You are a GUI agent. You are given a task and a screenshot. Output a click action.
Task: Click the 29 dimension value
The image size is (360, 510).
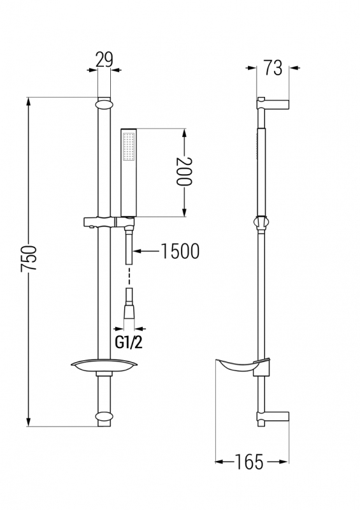pyautogui.click(x=104, y=59)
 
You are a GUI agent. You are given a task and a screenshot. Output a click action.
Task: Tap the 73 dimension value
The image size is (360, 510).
pyautogui.click(x=273, y=68)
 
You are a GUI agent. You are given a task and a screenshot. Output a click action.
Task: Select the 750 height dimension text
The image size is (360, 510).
pyautogui.click(x=29, y=259)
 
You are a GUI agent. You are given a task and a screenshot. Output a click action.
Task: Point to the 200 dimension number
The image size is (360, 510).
pyautogui.click(x=184, y=171)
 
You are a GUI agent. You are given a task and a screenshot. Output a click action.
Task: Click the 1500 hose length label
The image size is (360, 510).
pyautogui.click(x=180, y=251)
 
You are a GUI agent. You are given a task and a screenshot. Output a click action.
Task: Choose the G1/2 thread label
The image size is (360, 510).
pyautogui.click(x=129, y=342)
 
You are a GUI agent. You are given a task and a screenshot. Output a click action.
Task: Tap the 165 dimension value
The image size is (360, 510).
pyautogui.click(x=248, y=462)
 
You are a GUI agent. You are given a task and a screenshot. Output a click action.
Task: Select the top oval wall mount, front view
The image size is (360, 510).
pyautogui.click(x=104, y=105)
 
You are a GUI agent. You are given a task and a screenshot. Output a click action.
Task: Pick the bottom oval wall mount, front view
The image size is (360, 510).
pyautogui.click(x=104, y=417)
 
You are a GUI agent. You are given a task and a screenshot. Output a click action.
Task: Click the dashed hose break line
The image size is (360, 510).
pyautogui.click(x=129, y=276)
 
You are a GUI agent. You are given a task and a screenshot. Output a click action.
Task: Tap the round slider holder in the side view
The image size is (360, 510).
pyautogui.click(x=261, y=223)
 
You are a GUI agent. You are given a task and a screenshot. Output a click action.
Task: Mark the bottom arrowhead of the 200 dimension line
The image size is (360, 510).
pyautogui.click(x=184, y=212)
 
